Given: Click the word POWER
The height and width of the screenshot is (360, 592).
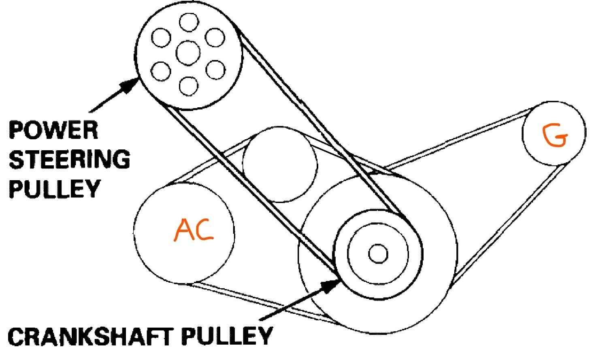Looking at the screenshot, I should [53, 130].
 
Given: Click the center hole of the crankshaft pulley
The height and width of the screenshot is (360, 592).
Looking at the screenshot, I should [379, 254].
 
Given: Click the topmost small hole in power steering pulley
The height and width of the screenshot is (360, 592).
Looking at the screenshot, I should [188, 21].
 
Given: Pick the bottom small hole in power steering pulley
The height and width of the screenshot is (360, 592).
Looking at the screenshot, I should [188, 85].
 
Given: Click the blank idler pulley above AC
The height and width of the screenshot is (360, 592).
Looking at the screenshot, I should [280, 164].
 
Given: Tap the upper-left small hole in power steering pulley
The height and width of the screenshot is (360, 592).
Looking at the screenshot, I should [161, 38].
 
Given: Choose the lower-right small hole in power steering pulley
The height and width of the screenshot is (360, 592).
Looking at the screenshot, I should [215, 70].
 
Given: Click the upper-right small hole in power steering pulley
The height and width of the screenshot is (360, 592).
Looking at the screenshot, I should [215, 37].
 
